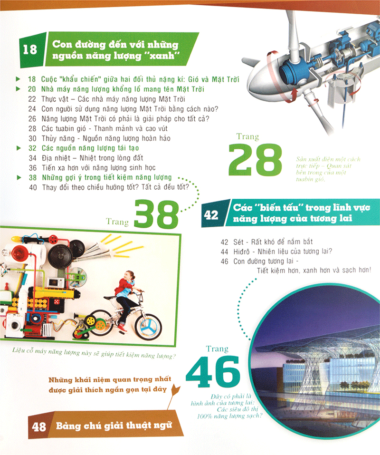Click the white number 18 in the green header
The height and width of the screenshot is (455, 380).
pyautogui.click(x=30, y=49)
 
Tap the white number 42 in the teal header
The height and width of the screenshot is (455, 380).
pyautogui.click(x=211, y=215)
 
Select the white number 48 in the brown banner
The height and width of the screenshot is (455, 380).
pyautogui.click(x=39, y=427)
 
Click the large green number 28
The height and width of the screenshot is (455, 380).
pyautogui.click(x=255, y=160)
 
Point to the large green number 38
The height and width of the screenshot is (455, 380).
pyautogui.click(x=157, y=214)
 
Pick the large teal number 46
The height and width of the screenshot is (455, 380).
pyautogui.click(x=213, y=372)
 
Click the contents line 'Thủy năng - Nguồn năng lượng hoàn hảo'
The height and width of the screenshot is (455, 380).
pyautogui.click(x=99, y=138)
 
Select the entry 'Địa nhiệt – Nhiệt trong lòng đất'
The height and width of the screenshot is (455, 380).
pyautogui.click(x=86, y=158)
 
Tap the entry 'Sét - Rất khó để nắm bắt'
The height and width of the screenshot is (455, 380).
pyautogui.click(x=266, y=242)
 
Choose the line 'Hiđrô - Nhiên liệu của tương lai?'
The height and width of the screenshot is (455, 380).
pyautogui.click(x=276, y=252)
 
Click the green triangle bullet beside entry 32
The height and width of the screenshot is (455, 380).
pyautogui.click(x=19, y=148)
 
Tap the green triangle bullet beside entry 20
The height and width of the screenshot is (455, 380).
pyautogui.click(x=18, y=89)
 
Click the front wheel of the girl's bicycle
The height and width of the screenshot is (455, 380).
pyautogui.click(x=148, y=327)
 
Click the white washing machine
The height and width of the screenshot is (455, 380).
pyautogui.click(x=13, y=325)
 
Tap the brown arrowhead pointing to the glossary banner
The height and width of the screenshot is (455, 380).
pyautogui.click(x=176, y=390)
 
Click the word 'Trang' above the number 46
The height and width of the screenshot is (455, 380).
pyautogui.click(x=217, y=349)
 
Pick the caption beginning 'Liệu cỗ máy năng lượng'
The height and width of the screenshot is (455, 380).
pyautogui.click(x=94, y=353)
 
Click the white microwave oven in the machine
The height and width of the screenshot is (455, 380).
pyautogui.click(x=56, y=282)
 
